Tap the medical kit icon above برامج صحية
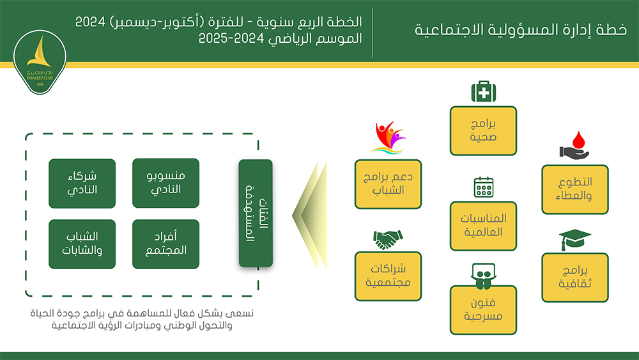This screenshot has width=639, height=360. click(x=483, y=92)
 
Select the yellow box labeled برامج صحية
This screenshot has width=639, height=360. click(x=483, y=131)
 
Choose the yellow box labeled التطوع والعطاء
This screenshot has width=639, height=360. click(x=574, y=189)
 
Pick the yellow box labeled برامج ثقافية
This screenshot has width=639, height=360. click(x=574, y=278)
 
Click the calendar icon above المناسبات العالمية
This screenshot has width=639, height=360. click(x=483, y=187)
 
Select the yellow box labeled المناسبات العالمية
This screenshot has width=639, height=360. click(x=483, y=226)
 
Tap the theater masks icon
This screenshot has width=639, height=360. click(x=483, y=274)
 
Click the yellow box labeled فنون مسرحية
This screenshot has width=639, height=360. click(x=483, y=310)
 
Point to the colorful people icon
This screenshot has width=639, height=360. click(x=388, y=138)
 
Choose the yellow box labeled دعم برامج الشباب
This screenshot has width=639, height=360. click(x=388, y=184)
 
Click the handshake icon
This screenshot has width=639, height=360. click(x=388, y=240)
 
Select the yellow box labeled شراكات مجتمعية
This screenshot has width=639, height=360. click(x=388, y=276)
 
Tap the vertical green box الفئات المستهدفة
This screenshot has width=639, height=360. click(x=255, y=214)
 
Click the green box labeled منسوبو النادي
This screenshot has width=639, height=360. click(x=165, y=184)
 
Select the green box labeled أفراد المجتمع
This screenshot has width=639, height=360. click(x=165, y=244)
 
